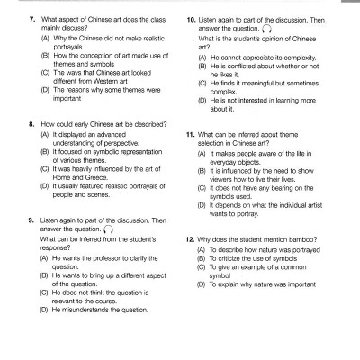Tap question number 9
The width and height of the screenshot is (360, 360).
tap(32, 220)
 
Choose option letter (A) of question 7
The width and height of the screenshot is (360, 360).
tap(45, 39)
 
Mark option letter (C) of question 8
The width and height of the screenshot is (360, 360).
tap(45, 169)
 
